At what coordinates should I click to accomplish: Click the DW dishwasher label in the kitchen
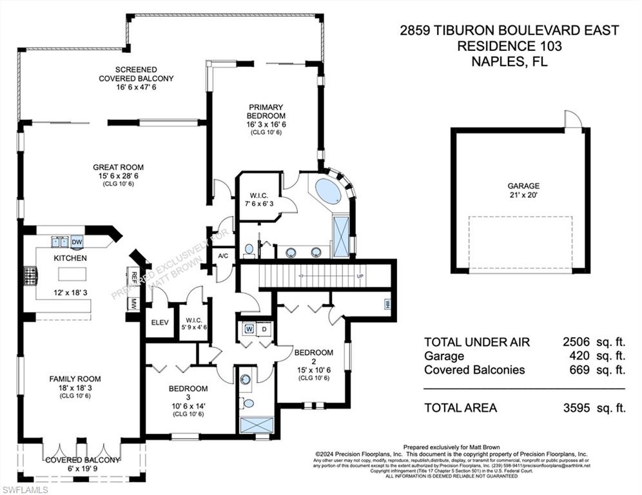tap(77, 242)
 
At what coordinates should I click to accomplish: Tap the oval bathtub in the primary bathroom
tap(329, 192)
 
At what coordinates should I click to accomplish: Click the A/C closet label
tap(224, 256)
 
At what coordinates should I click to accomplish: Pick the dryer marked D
tap(264, 329)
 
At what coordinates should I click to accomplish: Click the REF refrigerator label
tap(134, 278)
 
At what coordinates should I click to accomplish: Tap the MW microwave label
tap(134, 303)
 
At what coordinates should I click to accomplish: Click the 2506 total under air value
tap(576, 342)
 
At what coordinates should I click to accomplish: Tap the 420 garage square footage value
tap(579, 356)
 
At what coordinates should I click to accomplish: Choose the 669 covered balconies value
tap(579, 370)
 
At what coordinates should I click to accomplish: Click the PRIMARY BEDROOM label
tap(266, 112)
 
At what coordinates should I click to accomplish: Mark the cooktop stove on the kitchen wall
tap(30, 276)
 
